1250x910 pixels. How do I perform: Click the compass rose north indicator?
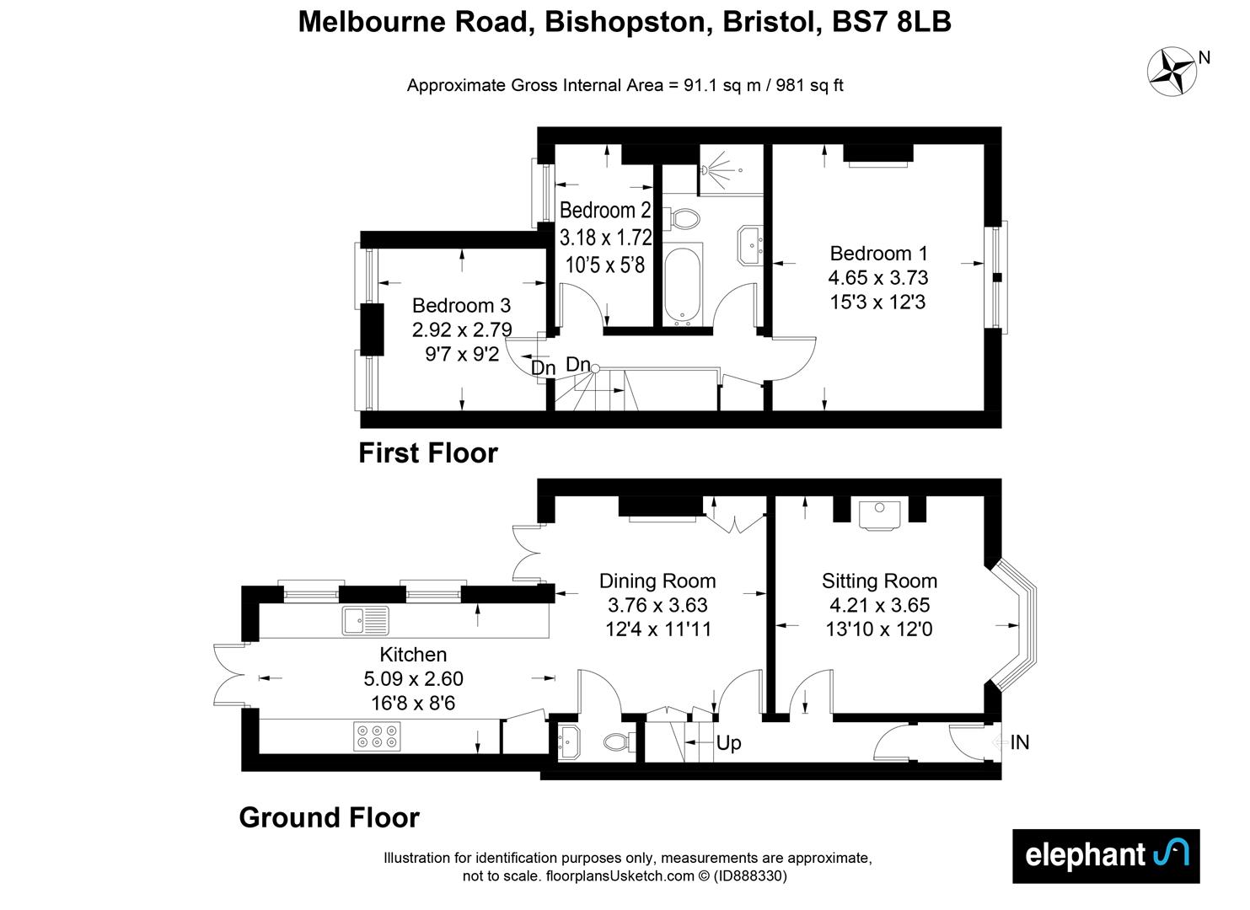click(1172, 71)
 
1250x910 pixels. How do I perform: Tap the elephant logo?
click(1105, 855)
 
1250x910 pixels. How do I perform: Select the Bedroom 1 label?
click(878, 253)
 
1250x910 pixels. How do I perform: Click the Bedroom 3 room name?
click(461, 305)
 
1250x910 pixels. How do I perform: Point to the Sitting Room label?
click(879, 581)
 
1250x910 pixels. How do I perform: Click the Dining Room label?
click(657, 581)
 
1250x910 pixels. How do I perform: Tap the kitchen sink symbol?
click(365, 622)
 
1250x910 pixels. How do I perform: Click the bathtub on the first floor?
click(682, 284)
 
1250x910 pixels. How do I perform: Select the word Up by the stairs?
click(728, 743)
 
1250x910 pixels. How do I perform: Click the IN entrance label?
click(1020, 742)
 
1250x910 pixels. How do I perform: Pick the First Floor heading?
click(428, 453)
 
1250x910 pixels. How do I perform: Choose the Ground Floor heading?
click(329, 817)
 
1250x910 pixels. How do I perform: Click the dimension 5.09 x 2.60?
click(413, 678)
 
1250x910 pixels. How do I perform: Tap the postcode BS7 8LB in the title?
click(892, 23)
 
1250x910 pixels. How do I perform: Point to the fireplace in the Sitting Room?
click(879, 514)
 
